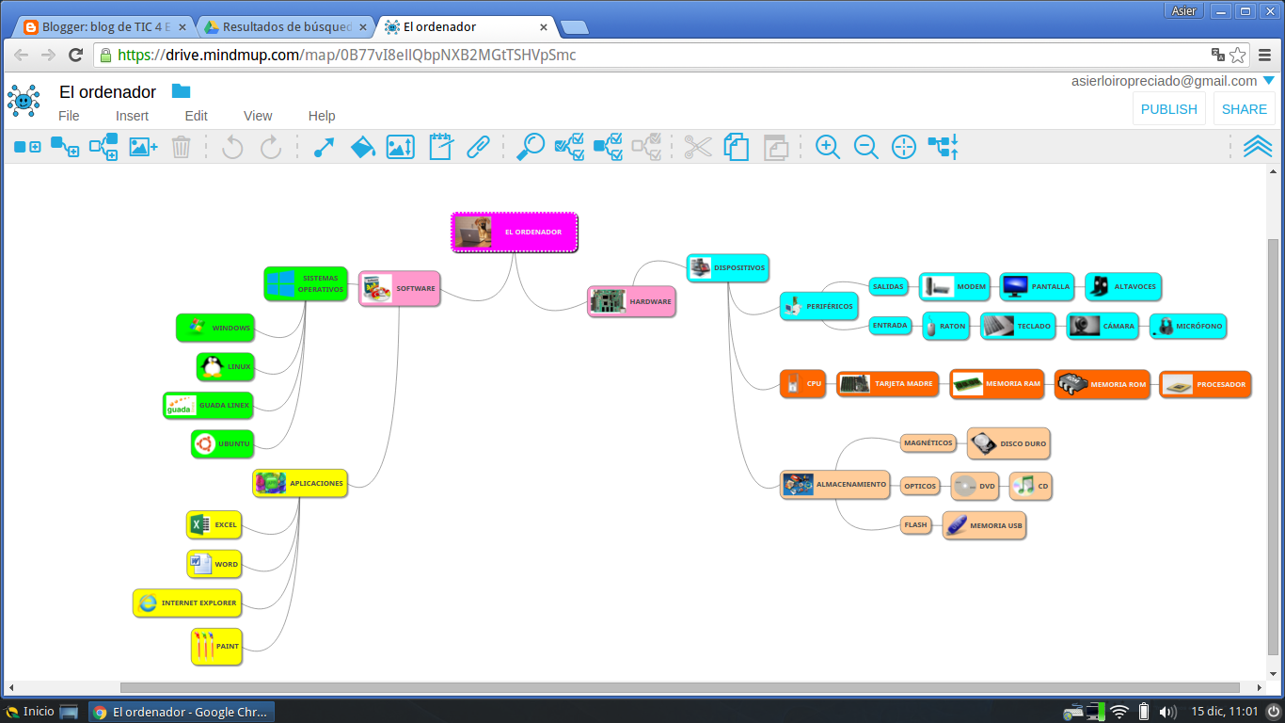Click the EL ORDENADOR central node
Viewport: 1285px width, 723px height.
coord(515,232)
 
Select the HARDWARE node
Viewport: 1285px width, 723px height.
coord(631,301)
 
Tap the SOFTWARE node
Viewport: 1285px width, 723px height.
coord(400,288)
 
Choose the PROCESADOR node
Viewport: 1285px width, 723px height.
coord(1205,384)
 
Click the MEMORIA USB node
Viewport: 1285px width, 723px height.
coord(984,525)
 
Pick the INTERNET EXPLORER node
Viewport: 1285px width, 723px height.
coord(186,602)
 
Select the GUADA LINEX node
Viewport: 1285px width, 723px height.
coord(208,405)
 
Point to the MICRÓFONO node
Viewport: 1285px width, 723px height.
coord(1188,326)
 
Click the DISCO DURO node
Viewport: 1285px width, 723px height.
coord(1007,442)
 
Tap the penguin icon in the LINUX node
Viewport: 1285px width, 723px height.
coord(211,366)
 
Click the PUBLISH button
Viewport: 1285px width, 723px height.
coord(1168,109)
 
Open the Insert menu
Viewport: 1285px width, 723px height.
coord(132,116)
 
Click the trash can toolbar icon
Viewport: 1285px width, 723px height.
coord(182,147)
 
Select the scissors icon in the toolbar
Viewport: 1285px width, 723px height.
coord(697,147)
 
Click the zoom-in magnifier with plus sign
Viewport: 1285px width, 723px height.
coord(827,147)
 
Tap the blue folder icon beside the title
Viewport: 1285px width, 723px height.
coord(181,91)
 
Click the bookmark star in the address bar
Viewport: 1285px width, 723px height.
coord(1238,55)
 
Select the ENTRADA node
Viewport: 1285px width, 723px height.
coord(889,326)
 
